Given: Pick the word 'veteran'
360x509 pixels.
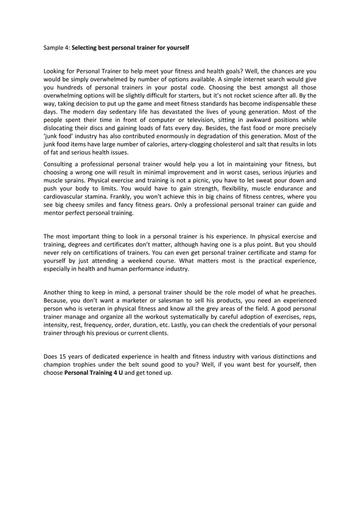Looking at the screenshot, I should (94, 309).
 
